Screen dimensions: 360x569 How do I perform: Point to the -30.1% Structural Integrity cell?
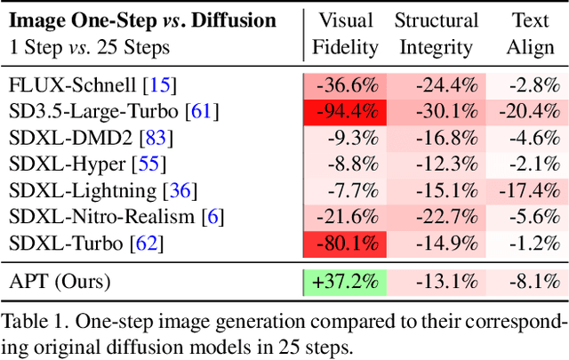click(437, 112)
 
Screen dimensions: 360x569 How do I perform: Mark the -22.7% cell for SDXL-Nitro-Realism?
click(437, 216)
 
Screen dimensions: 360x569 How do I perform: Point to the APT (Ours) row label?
click(60, 282)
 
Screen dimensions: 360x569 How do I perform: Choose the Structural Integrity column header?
click(437, 33)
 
